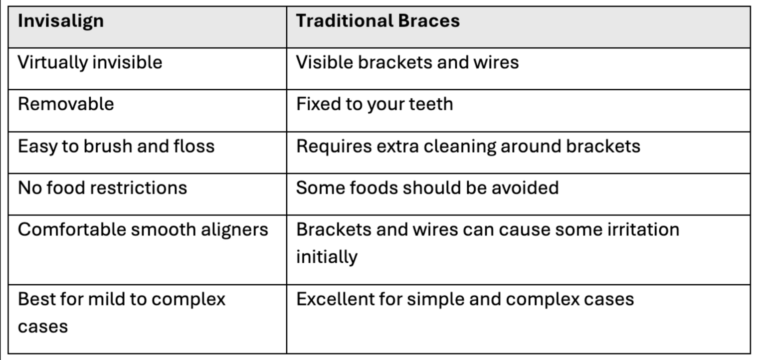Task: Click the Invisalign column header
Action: pos(61,21)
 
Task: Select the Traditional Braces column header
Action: pos(378,20)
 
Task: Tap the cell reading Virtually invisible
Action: pos(90,63)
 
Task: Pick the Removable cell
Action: pos(66,104)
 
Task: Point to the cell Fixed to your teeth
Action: pos(375,105)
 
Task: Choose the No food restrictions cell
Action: pos(103,188)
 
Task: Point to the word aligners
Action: pos(234,230)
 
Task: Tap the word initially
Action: pos(327,257)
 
